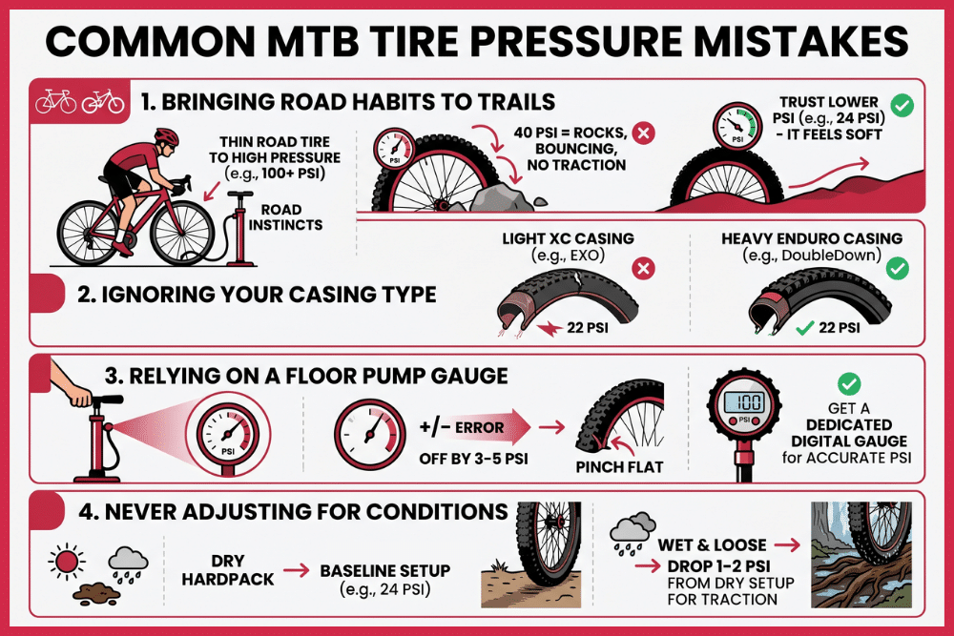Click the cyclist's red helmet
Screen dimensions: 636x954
pos(165,136)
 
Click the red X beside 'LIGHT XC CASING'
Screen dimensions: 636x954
pos(645,270)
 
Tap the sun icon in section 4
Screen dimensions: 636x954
pos(64,559)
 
